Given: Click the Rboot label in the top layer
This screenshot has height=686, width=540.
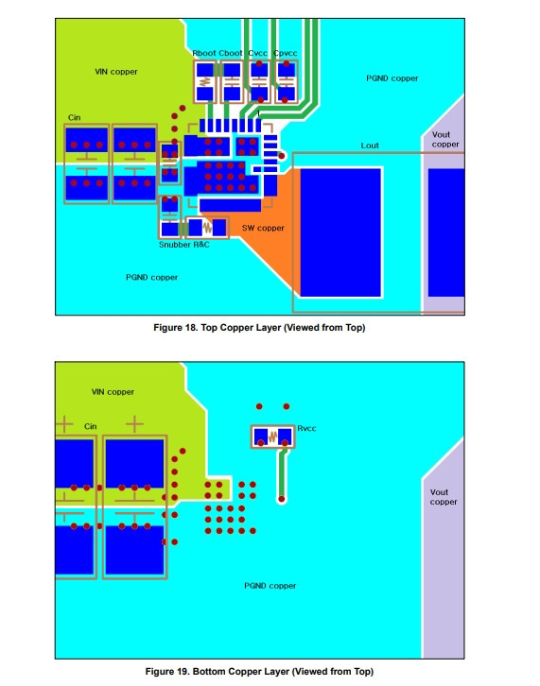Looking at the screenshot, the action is click(x=204, y=53).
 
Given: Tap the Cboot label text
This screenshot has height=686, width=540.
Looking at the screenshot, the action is click(x=231, y=53).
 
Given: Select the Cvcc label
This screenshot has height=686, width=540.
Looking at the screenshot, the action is click(x=257, y=53).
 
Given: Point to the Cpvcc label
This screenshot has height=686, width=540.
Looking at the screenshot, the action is click(x=285, y=53).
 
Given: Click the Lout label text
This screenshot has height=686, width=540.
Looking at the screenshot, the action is click(x=370, y=146).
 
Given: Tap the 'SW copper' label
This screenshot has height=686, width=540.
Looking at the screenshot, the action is click(x=263, y=228).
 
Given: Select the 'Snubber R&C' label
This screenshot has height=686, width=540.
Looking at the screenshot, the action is click(x=184, y=245).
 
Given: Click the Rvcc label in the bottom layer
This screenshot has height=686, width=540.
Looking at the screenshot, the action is click(x=306, y=428).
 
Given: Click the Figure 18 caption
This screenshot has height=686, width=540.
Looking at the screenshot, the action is click(x=259, y=328).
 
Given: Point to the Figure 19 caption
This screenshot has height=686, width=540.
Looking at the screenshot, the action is click(x=259, y=672).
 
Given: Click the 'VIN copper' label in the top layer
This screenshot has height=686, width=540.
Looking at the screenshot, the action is click(x=116, y=72).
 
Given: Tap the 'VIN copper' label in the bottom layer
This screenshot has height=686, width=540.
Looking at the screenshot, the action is click(x=113, y=392).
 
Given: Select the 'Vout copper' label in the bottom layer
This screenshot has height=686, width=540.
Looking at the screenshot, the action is click(x=444, y=497).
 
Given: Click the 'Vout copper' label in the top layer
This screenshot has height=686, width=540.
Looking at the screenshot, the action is click(x=445, y=139).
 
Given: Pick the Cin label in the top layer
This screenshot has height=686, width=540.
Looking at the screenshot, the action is click(x=74, y=117).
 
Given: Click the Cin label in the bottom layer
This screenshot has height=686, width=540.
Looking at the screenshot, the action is click(x=90, y=426).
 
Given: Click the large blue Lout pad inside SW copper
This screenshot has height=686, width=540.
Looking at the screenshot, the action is click(x=340, y=232).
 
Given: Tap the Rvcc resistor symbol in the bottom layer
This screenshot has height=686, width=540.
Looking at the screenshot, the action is click(x=272, y=437).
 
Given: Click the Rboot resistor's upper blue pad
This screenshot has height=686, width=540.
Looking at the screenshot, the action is click(x=204, y=70).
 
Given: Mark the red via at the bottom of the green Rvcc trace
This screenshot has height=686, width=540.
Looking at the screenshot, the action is click(x=282, y=499).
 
